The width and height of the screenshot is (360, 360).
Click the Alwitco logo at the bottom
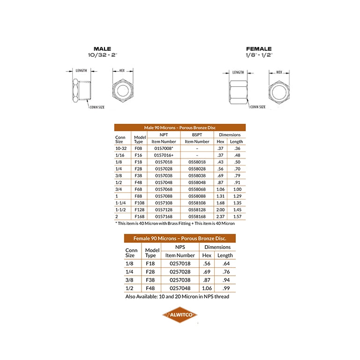click(180, 315)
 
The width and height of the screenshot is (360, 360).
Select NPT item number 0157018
click(164, 162)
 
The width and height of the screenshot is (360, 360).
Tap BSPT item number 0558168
click(197, 217)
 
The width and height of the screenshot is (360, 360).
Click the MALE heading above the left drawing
click(102, 49)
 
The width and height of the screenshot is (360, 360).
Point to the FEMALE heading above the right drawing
click(259, 49)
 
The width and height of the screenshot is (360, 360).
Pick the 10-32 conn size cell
click(121, 149)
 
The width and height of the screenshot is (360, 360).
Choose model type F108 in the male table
click(139, 203)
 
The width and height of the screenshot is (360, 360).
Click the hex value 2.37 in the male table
click(220, 217)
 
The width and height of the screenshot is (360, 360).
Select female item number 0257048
click(180, 288)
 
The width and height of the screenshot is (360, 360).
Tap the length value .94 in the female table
click(226, 280)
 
